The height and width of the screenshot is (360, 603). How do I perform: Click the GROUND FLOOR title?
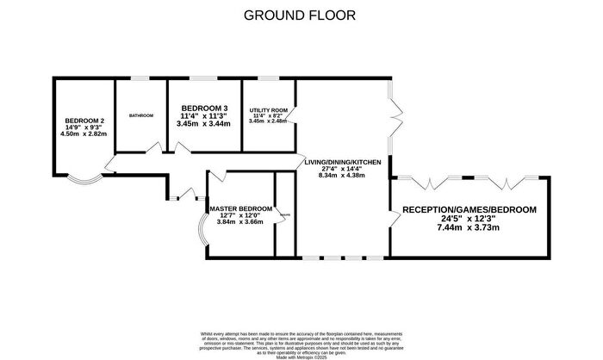tap(300, 15)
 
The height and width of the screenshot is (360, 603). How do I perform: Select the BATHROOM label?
tap(141, 115)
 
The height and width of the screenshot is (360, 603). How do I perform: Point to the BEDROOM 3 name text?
tap(204, 107)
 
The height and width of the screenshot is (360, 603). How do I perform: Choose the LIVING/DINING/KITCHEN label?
tap(342, 161)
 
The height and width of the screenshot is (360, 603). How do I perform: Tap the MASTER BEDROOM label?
tap(241, 208)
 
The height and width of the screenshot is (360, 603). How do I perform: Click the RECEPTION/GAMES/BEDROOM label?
tap(469, 209)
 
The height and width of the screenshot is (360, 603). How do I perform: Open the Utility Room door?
tap(293, 113)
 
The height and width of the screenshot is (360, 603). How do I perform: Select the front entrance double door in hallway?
tap(176, 196)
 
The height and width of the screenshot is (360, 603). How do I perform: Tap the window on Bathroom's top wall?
tap(140, 79)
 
